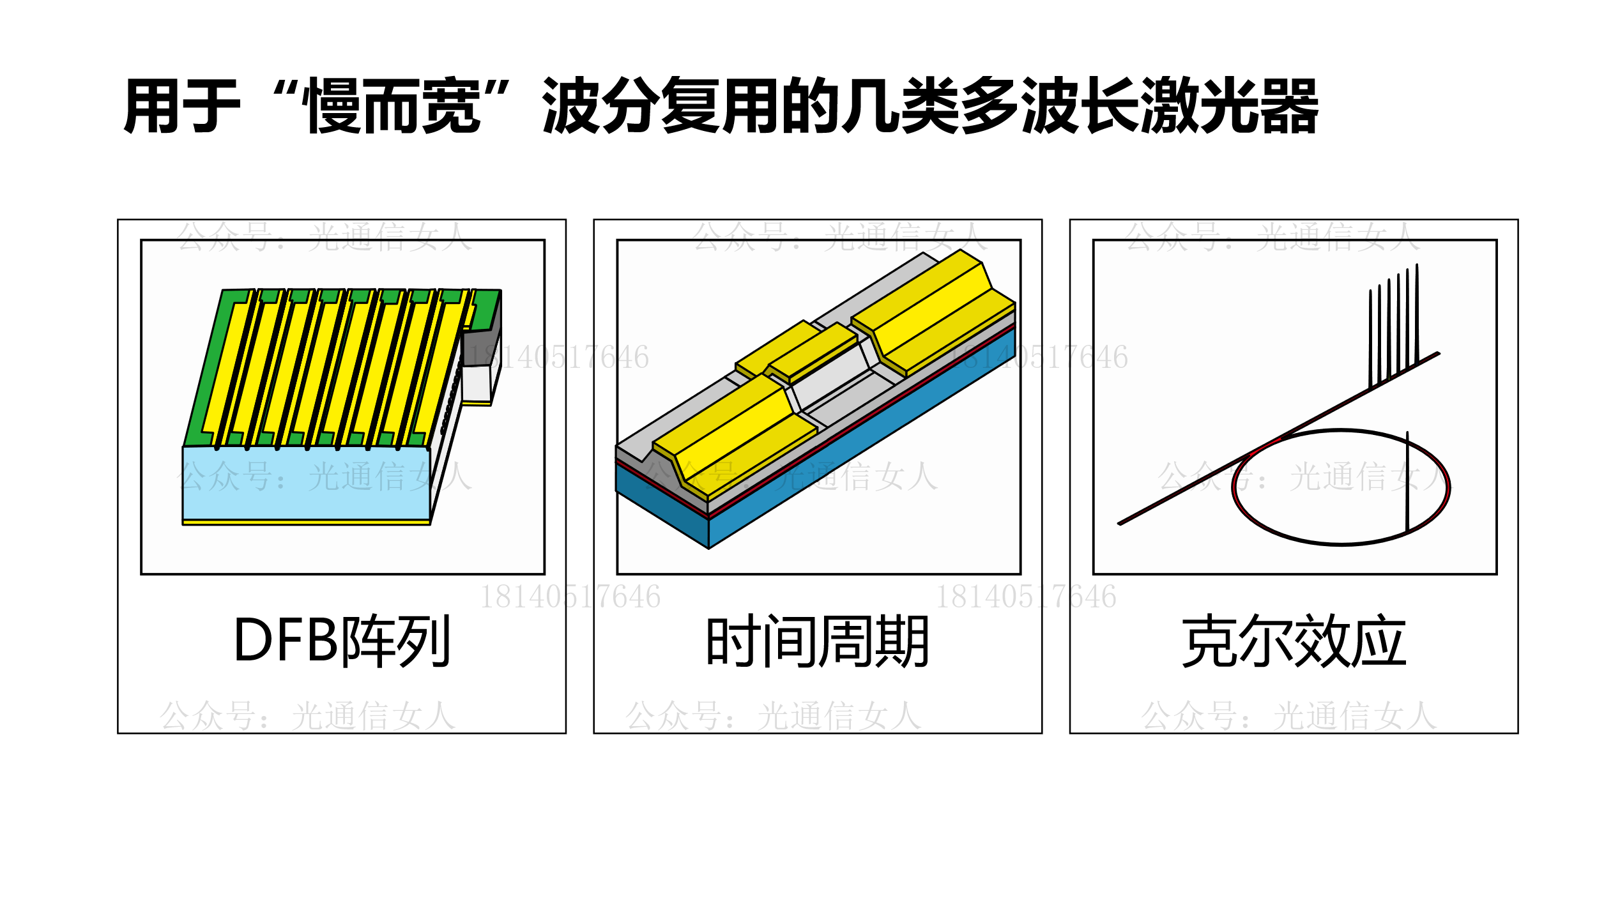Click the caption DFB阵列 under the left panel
click(x=343, y=641)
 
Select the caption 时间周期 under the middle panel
click(x=818, y=641)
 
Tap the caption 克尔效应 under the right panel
click(x=1294, y=641)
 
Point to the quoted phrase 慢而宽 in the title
click(x=394, y=105)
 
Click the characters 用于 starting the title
click(x=182, y=105)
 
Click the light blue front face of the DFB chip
click(x=306, y=483)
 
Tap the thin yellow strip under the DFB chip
click(x=306, y=522)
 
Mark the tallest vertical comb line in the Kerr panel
click(x=1417, y=314)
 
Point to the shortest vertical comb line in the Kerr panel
click(x=1370, y=339)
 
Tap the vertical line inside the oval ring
click(x=1407, y=482)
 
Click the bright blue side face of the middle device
click(x=862, y=438)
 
